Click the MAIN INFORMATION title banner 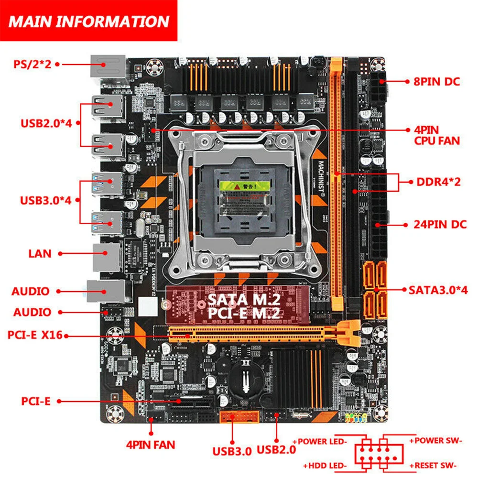[89, 21]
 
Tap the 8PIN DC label [436, 81]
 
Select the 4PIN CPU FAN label [436, 135]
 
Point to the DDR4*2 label [438, 182]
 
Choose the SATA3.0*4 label [438, 289]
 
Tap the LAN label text [40, 253]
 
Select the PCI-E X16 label [35, 335]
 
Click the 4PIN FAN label [151, 445]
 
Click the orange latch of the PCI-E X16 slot [351, 334]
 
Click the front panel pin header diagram [377, 454]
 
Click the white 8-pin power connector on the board [380, 88]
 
